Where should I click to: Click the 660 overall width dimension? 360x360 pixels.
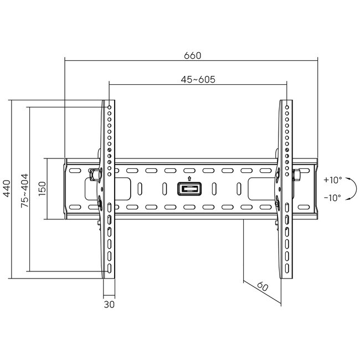pos(192,55)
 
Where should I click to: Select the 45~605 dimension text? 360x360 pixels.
pos(198,79)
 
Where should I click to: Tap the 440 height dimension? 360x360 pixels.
pos(7,189)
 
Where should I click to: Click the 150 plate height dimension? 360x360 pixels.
pos(42,189)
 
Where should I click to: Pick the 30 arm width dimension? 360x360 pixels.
pos(109,304)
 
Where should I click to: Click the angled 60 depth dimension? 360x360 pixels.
pos(263,287)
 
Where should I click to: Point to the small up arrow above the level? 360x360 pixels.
pos(189,178)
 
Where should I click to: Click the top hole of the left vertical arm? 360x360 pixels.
pos(110,106)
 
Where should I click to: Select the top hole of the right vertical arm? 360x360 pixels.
pos(287,106)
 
